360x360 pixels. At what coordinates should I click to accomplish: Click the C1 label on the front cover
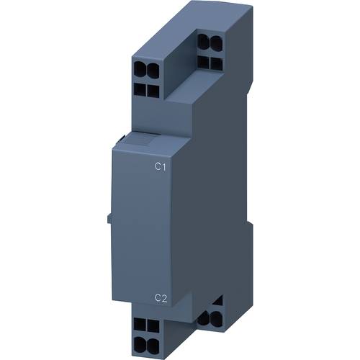point(161,168)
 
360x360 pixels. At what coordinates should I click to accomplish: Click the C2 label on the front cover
point(161,297)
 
